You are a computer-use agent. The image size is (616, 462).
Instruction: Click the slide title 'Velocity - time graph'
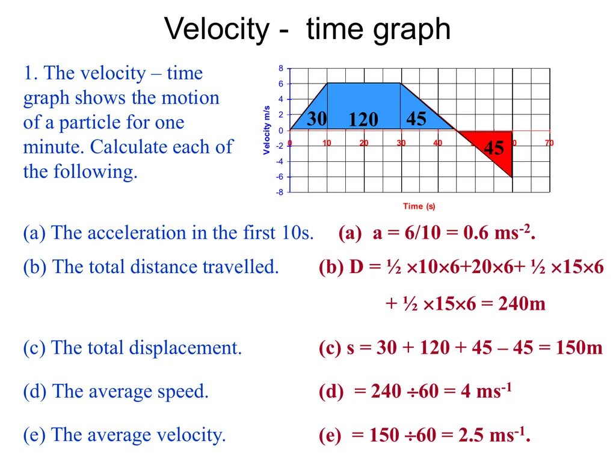click(x=307, y=29)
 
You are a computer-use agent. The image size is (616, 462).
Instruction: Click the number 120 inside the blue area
click(x=363, y=120)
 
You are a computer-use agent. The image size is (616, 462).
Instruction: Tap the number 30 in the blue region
click(x=316, y=119)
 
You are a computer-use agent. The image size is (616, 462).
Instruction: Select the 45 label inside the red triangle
click(x=494, y=147)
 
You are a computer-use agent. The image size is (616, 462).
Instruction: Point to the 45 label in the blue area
click(x=416, y=119)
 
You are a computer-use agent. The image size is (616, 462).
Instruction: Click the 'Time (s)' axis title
click(x=419, y=206)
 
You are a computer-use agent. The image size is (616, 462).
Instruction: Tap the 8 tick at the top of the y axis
click(x=280, y=68)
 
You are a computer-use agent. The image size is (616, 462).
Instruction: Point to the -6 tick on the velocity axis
click(x=279, y=177)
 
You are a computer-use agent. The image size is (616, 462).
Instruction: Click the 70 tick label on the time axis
click(x=549, y=143)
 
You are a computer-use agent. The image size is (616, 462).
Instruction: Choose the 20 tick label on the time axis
click(x=364, y=143)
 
